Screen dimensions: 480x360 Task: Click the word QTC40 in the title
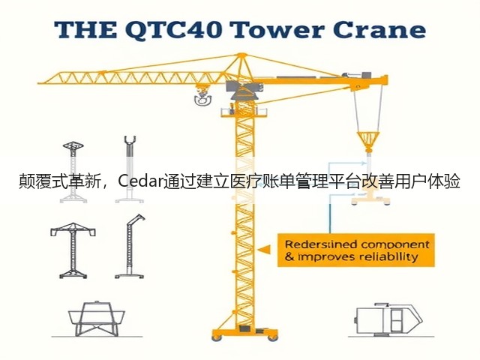tap(174, 30)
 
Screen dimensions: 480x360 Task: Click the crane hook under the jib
tap(202, 97)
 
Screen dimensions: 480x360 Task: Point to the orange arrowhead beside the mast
tap(264, 250)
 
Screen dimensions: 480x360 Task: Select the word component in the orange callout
tap(395, 245)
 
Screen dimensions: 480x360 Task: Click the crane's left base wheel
tap(217, 337)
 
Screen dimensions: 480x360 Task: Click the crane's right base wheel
tap(273, 337)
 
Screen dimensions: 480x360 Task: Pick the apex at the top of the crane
tap(241, 55)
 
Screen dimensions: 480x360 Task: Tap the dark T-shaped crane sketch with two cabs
tap(73, 250)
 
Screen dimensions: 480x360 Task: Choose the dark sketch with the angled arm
tap(130, 247)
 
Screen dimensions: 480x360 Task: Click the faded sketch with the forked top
tap(130, 169)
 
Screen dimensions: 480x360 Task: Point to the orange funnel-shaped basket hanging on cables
tap(368, 141)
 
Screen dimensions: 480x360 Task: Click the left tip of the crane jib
tap(38, 83)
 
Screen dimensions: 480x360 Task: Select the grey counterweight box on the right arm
tap(367, 75)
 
